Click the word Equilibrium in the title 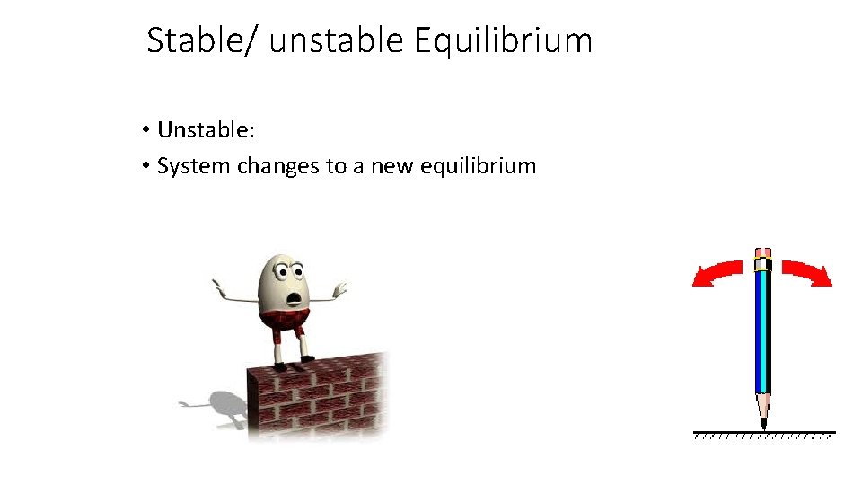click(x=504, y=41)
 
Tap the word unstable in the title click(x=337, y=41)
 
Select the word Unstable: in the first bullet click(x=207, y=130)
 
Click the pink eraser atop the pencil click(x=763, y=252)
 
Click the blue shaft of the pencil click(x=763, y=332)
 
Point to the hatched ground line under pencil click(x=763, y=434)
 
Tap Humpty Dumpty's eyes click(x=286, y=269)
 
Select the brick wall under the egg click(x=319, y=395)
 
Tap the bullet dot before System click(x=145, y=167)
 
